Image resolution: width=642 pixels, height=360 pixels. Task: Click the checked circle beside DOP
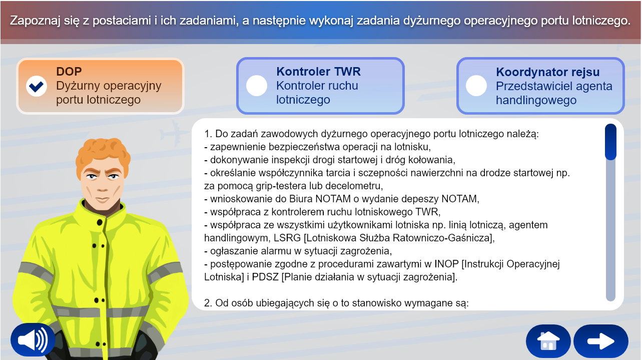(x=37, y=86)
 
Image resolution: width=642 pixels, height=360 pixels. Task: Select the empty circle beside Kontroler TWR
(x=257, y=86)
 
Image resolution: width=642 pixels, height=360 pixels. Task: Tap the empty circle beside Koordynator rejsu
(x=476, y=86)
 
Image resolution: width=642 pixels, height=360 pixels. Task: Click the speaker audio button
(x=33, y=340)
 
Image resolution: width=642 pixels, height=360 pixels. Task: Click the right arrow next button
(x=600, y=341)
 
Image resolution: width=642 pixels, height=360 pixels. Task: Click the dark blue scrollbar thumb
(x=610, y=142)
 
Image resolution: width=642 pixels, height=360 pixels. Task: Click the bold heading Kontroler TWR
(x=318, y=72)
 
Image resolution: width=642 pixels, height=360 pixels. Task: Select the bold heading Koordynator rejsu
(x=547, y=72)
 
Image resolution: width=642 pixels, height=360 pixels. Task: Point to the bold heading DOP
(x=69, y=72)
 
